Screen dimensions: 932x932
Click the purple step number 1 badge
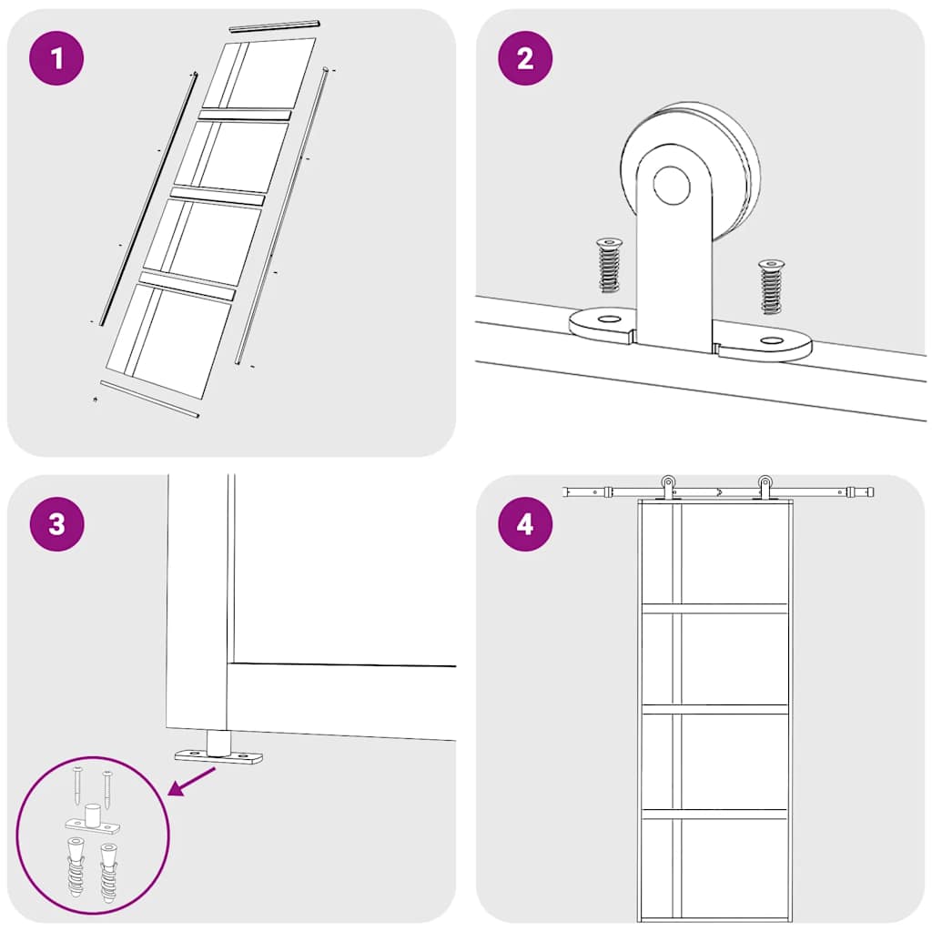pyautogui.click(x=56, y=58)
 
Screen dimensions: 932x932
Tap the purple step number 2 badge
pyautogui.click(x=525, y=58)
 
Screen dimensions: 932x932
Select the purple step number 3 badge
pyautogui.click(x=56, y=524)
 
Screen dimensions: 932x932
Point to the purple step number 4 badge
pyautogui.click(x=525, y=524)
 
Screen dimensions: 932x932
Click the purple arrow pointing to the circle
pyautogui.click(x=192, y=780)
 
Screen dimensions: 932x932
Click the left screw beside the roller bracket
pyautogui.click(x=609, y=265)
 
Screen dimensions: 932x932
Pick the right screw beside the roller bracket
pyautogui.click(x=771, y=287)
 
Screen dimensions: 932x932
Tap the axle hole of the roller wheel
pyautogui.click(x=672, y=185)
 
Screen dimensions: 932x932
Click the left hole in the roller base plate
pyautogui.click(x=607, y=319)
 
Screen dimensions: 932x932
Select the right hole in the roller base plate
pyautogui.click(x=772, y=340)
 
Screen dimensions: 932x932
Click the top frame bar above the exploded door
pyautogui.click(x=275, y=25)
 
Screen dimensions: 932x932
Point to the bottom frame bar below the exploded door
pyautogui.click(x=149, y=400)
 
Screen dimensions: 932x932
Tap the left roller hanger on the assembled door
pyautogui.click(x=668, y=488)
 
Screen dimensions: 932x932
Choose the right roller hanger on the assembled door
pyautogui.click(x=765, y=488)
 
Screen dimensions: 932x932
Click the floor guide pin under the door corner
pyautogui.click(x=218, y=745)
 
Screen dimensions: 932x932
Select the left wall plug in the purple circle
pyautogui.click(x=76, y=867)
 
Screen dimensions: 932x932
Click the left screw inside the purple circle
pyautogui.click(x=78, y=785)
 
